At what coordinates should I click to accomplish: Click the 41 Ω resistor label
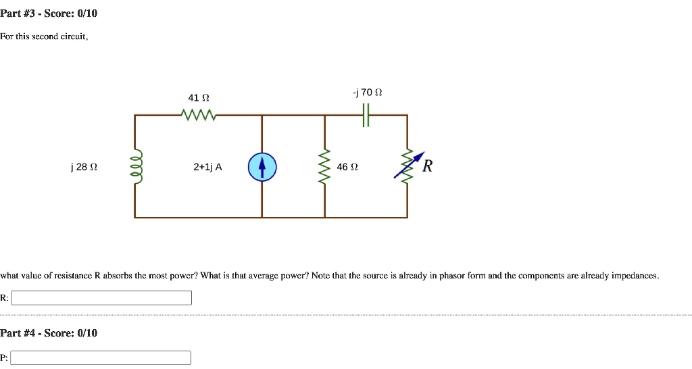click(x=199, y=99)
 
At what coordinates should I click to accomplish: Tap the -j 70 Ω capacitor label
click(x=368, y=92)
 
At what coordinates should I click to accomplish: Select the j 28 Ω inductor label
click(x=79, y=167)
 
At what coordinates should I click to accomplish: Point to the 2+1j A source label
click(x=207, y=167)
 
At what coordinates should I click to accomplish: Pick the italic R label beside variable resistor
click(x=427, y=166)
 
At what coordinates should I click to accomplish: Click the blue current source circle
click(x=262, y=167)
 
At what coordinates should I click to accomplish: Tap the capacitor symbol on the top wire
click(x=366, y=116)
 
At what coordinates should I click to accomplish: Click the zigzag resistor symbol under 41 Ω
click(x=199, y=116)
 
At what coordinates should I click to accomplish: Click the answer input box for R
click(x=102, y=298)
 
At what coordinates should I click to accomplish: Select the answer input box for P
click(x=101, y=358)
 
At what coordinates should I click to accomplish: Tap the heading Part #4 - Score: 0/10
click(x=49, y=333)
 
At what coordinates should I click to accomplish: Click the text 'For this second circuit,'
click(x=44, y=36)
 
